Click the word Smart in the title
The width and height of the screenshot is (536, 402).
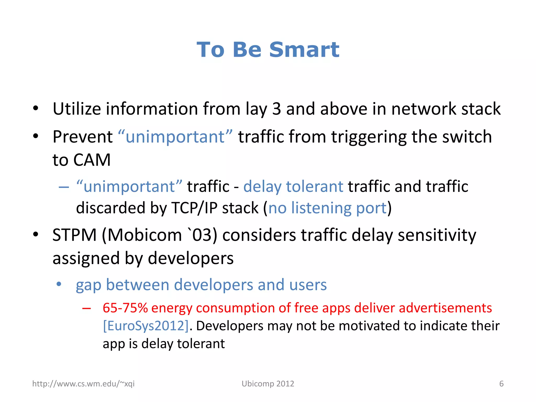click(x=304, y=50)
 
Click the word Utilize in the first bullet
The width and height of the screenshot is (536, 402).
click(x=76, y=109)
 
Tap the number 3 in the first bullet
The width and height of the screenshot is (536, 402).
click(x=276, y=109)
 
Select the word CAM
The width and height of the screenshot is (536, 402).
click(x=92, y=160)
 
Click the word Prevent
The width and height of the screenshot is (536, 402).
click(x=82, y=137)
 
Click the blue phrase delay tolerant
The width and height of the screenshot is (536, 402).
click(x=293, y=187)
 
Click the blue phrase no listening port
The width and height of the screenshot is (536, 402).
click(x=327, y=208)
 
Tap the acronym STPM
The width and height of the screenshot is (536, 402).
click(x=75, y=235)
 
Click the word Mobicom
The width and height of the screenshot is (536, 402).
click(x=144, y=235)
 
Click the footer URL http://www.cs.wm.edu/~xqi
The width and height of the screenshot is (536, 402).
click(x=83, y=384)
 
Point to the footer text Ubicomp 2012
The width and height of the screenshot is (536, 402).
click(x=268, y=384)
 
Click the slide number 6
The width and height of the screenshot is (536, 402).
click(x=501, y=384)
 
